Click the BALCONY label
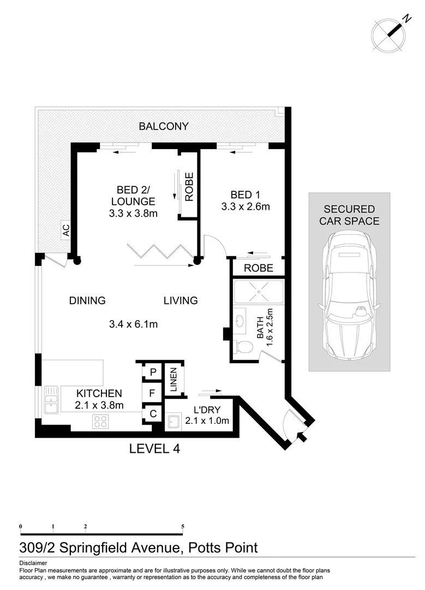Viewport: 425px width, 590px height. coord(164,126)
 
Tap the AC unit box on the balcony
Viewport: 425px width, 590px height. coord(66,230)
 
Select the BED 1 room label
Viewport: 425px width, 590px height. coord(245,194)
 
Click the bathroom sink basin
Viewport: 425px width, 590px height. coord(240,322)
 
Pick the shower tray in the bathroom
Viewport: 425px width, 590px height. coord(259,292)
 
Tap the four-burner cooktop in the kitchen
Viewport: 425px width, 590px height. coord(100,421)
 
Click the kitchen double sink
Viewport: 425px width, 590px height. coord(51,399)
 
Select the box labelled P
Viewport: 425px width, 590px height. coord(153,372)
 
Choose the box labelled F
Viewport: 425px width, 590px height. coord(152,393)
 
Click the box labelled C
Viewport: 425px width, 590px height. coord(153,414)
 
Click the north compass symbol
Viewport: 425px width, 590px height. coord(390,34)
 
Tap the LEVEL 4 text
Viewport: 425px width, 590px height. coord(154,449)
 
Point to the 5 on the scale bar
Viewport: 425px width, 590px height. coord(183,527)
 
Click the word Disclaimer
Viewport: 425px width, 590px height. coord(33,563)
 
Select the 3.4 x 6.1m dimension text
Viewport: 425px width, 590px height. coord(134,324)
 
